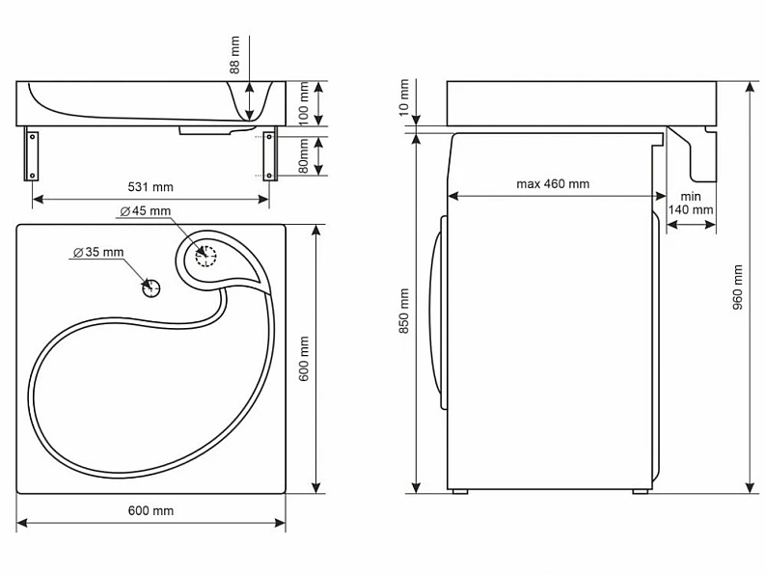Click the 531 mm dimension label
click(150, 187)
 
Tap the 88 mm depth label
click(235, 55)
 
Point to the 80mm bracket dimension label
click(303, 156)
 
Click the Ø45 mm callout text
click(146, 211)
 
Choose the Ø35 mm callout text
click(98, 252)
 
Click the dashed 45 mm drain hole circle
click(205, 256)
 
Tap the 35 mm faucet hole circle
click(151, 288)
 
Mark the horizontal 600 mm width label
click(150, 510)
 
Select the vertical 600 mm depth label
click(303, 359)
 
